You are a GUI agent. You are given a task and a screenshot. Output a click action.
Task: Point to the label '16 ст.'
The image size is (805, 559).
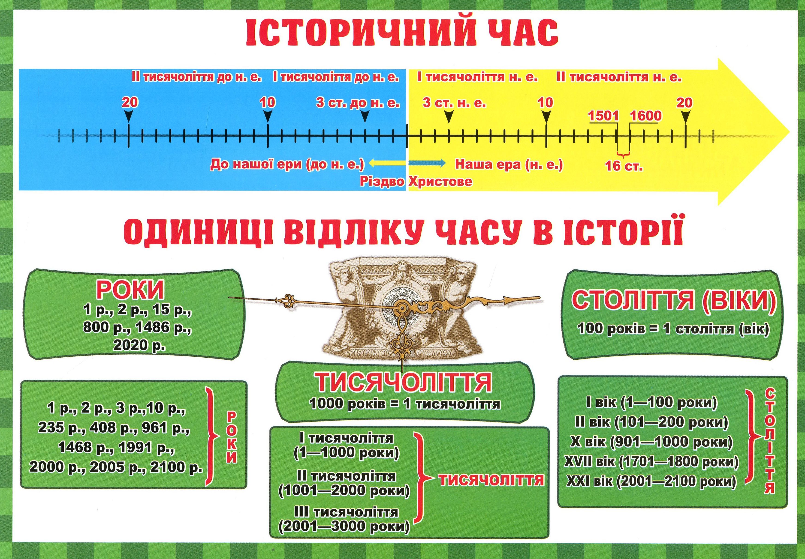(x=624, y=166)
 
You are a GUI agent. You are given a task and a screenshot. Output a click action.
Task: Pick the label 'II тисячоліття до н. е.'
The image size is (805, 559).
(x=197, y=77)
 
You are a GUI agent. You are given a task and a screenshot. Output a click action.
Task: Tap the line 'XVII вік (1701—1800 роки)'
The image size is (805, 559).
(x=651, y=462)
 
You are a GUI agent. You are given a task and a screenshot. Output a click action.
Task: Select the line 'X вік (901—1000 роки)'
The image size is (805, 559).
(x=651, y=442)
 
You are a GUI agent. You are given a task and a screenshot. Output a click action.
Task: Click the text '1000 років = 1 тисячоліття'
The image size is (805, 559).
(x=405, y=404)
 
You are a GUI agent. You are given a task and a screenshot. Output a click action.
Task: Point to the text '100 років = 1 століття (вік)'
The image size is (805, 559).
(x=673, y=329)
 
